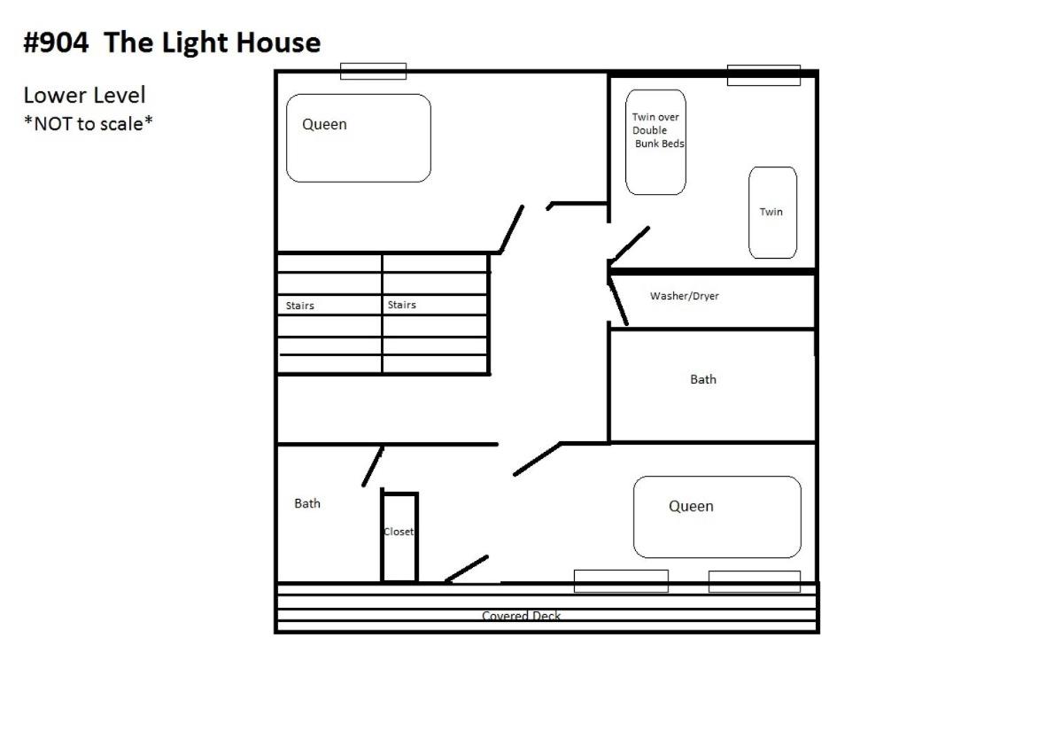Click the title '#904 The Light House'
(x=172, y=43)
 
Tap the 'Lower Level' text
(x=84, y=95)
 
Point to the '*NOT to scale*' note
(x=88, y=124)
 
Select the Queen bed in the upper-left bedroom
(x=359, y=138)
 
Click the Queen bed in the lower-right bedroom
(x=717, y=517)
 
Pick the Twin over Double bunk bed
(x=655, y=142)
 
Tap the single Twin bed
(x=772, y=213)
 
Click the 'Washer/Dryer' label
(x=685, y=296)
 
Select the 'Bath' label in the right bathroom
(x=703, y=379)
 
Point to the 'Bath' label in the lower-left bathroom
(x=307, y=503)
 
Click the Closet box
(x=399, y=538)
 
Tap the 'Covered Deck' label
(x=521, y=616)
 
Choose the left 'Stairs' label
(x=299, y=306)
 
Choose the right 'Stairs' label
(x=402, y=305)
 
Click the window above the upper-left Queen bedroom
(x=373, y=71)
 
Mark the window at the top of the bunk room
(x=763, y=74)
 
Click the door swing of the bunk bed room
(x=631, y=245)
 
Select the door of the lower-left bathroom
(x=373, y=465)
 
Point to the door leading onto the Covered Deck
(x=467, y=568)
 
